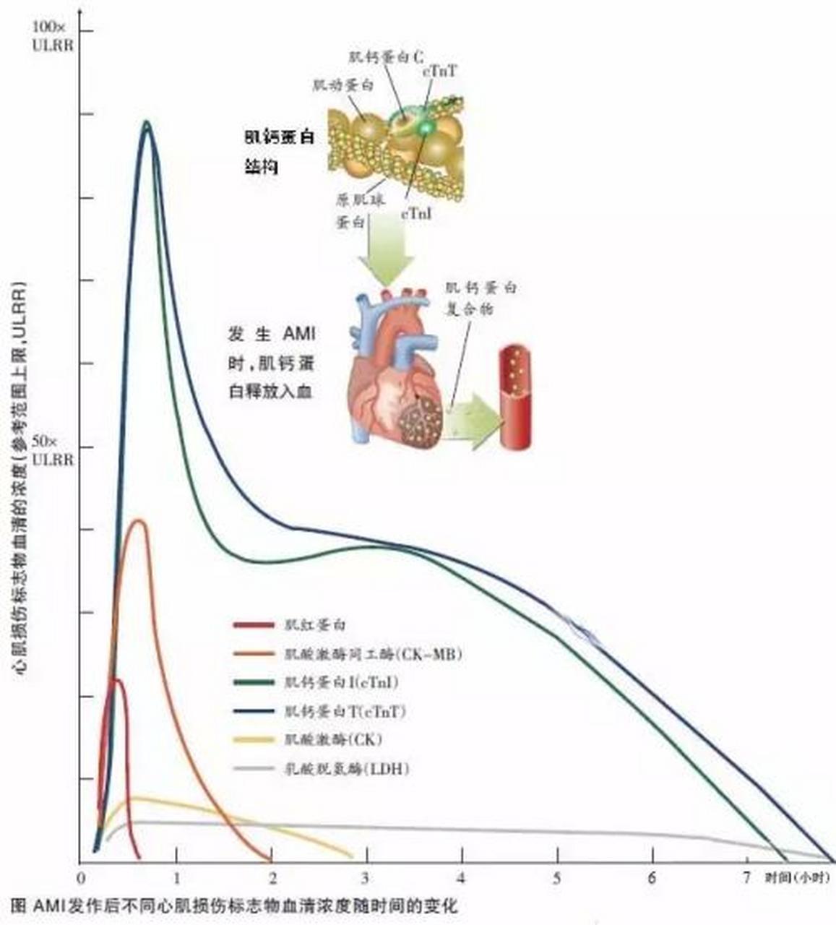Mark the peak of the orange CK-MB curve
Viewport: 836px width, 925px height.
(x=139, y=520)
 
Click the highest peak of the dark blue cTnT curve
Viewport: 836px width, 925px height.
(x=147, y=123)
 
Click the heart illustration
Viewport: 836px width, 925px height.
(x=394, y=369)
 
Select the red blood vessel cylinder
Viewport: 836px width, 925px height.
(x=515, y=397)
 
